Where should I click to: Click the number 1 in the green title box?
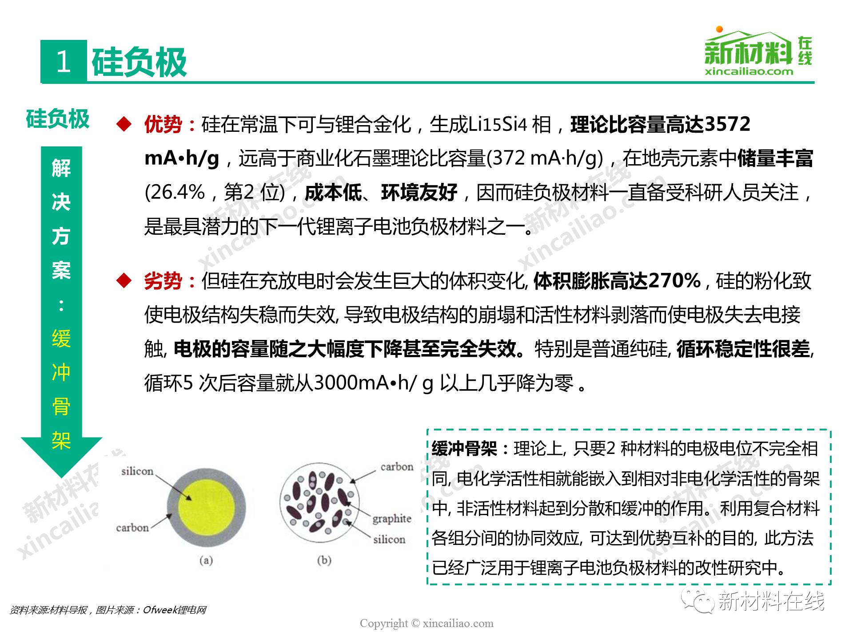point(64,61)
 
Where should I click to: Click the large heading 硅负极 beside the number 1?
point(139,62)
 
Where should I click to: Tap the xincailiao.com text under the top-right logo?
point(749,71)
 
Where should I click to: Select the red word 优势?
point(163,125)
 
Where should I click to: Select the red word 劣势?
point(163,281)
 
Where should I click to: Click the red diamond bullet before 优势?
point(124,125)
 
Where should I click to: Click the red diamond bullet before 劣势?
point(124,281)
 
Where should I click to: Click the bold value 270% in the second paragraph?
point(674,280)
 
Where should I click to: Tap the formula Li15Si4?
point(498,125)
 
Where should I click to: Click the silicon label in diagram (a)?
point(137,471)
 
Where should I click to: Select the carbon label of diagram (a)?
point(132,528)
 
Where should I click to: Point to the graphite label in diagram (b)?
point(391,519)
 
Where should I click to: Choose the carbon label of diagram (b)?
point(397,467)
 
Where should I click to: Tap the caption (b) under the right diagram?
point(324,560)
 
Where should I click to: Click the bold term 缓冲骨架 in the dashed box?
point(464,449)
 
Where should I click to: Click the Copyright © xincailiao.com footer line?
point(426,623)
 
